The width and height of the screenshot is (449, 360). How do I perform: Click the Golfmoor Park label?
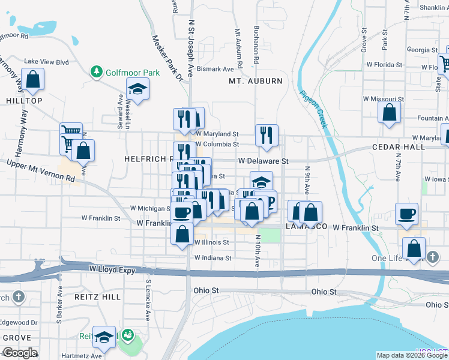click(133, 73)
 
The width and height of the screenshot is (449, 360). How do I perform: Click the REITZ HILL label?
click(98, 297)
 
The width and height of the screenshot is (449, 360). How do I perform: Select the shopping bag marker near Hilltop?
click(32, 79)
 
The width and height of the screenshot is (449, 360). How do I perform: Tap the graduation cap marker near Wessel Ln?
click(138, 90)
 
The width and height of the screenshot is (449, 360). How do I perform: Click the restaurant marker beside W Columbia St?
click(267, 135)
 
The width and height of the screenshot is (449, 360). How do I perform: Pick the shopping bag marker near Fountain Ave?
click(390, 112)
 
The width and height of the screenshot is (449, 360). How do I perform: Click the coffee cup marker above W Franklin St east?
click(407, 214)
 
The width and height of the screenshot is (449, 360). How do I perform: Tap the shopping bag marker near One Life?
click(414, 248)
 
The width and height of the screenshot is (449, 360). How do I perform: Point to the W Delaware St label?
click(264, 161)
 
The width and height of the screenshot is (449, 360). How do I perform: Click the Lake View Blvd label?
click(47, 61)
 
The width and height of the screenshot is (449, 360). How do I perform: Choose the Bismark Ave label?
click(215, 69)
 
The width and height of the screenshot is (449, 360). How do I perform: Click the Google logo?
click(19, 353)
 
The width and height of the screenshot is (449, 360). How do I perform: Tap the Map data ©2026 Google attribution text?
click(412, 355)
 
